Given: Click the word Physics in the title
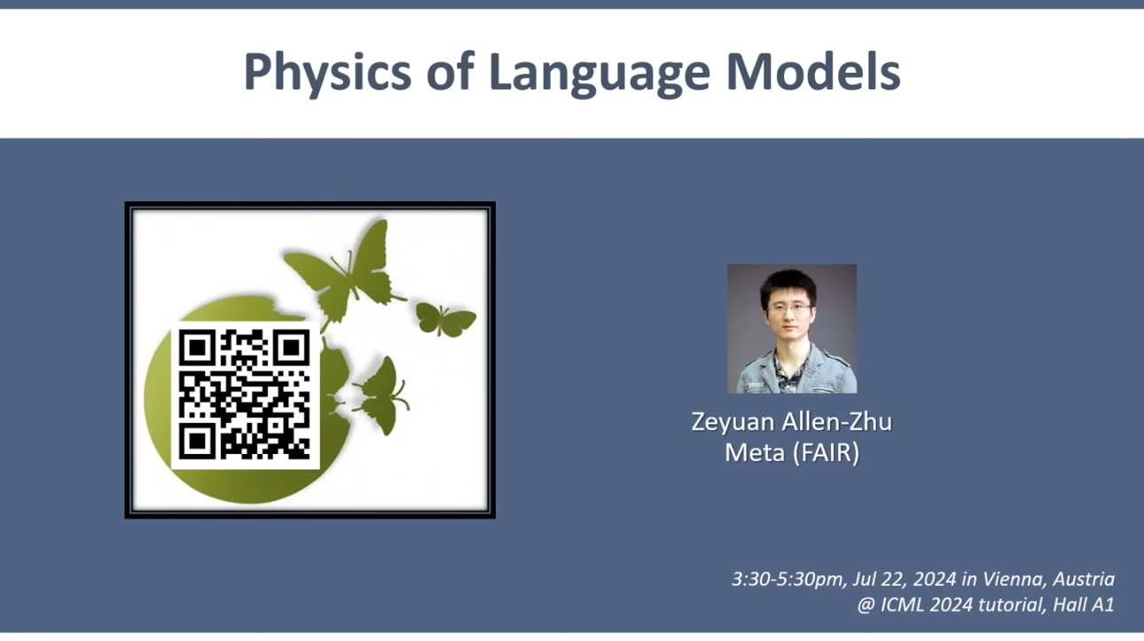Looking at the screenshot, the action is pyautogui.click(x=327, y=73).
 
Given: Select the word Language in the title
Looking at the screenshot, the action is pyautogui.click(x=599, y=73).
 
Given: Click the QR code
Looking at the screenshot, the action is pyautogui.click(x=245, y=395).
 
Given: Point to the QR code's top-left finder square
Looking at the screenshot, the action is pyautogui.click(x=197, y=348).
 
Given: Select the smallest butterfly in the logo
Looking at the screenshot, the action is pyautogui.click(x=445, y=319).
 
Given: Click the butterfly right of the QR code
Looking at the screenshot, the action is pyautogui.click(x=380, y=395).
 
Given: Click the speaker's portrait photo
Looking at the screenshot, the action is pyautogui.click(x=792, y=328).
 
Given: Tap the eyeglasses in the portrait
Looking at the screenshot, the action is pyautogui.click(x=789, y=308).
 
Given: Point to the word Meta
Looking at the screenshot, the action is pyautogui.click(x=755, y=453).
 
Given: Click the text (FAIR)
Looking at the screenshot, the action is pyautogui.click(x=826, y=453).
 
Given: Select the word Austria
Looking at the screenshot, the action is pyautogui.click(x=1084, y=579).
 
